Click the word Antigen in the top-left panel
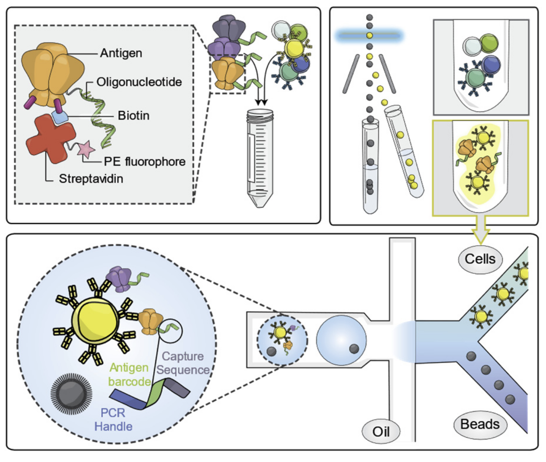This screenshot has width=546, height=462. click(x=121, y=53)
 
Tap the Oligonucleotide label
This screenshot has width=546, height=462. click(x=139, y=82)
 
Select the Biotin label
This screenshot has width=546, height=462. click(x=133, y=115)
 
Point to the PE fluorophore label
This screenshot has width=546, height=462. click(x=144, y=161)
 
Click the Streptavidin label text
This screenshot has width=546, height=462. click(x=91, y=179)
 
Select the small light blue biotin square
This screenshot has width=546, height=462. click(x=60, y=117)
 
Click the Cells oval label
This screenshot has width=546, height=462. click(x=480, y=259)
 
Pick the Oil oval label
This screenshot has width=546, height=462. click(x=381, y=431)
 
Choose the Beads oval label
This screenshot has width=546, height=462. click(x=480, y=424)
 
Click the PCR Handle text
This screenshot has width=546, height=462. click(x=113, y=420)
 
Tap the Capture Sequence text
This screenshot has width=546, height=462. click(x=183, y=363)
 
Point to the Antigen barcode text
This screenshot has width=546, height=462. click(x=129, y=374)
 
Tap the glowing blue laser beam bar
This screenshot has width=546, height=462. click(x=369, y=36)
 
